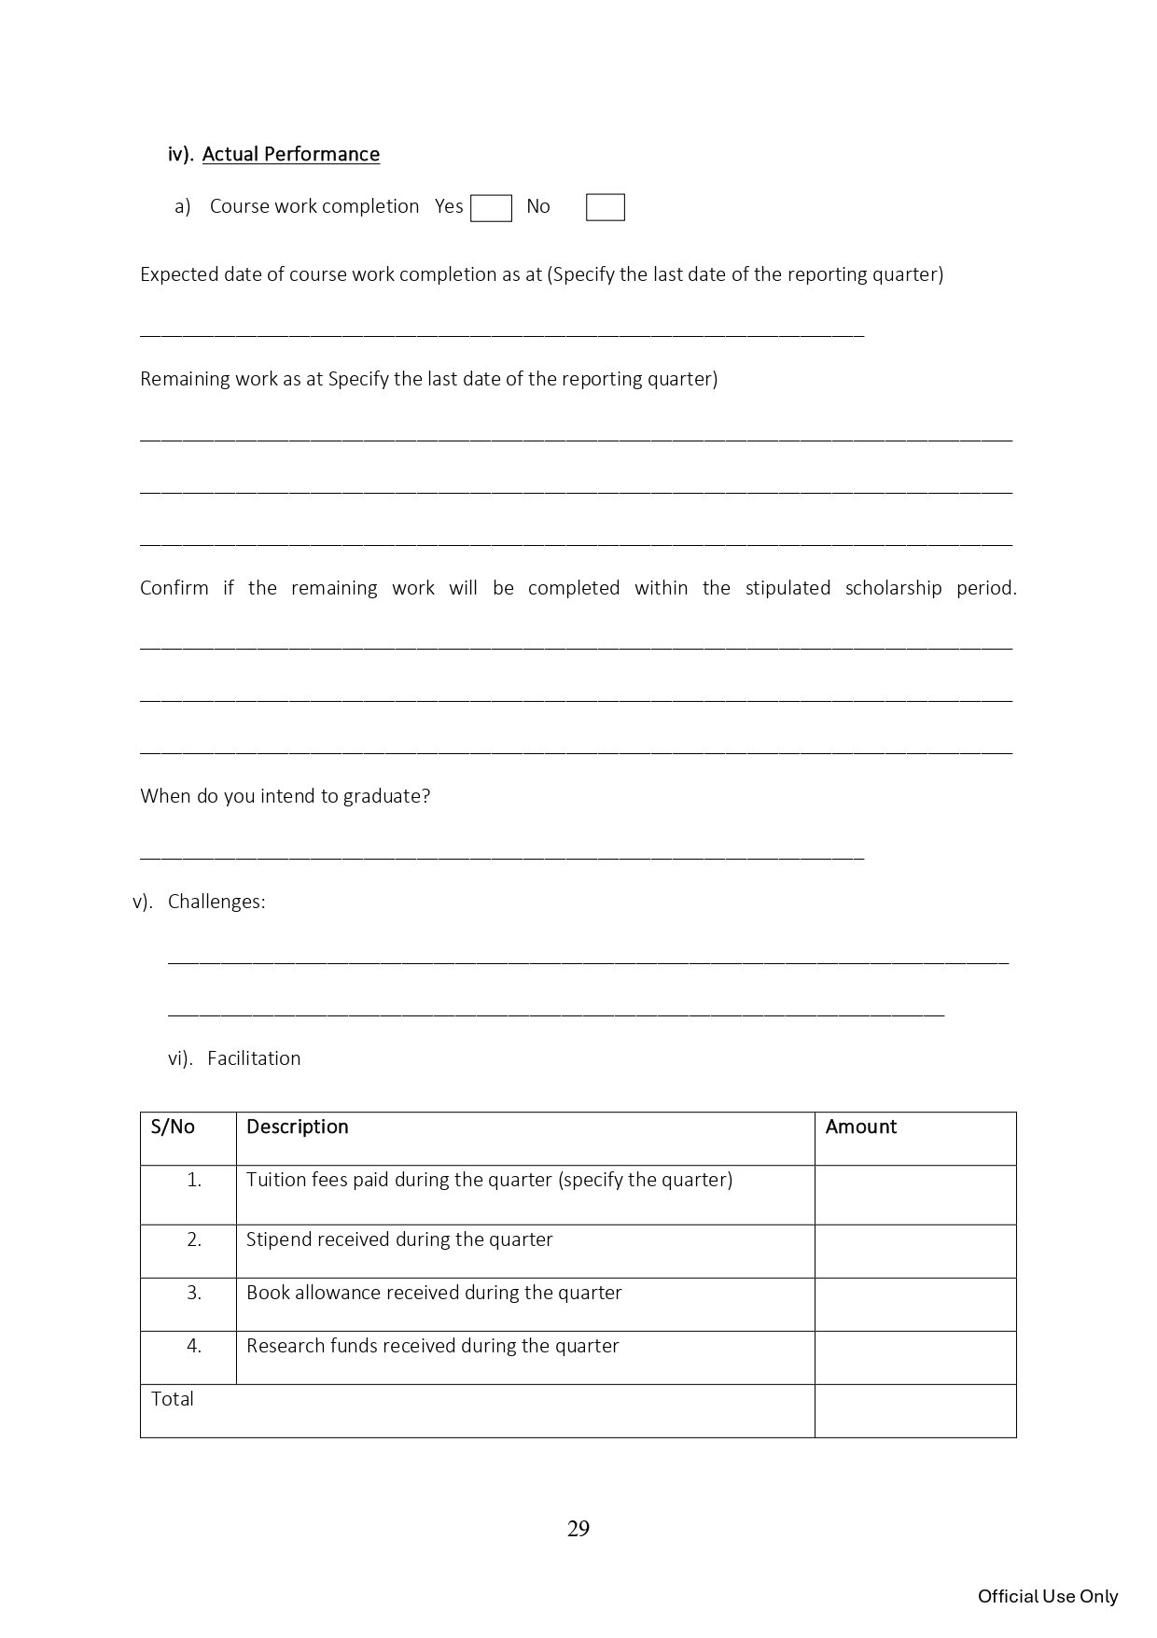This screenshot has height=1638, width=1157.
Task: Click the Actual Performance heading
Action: (x=290, y=154)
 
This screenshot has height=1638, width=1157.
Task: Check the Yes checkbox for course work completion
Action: (x=491, y=208)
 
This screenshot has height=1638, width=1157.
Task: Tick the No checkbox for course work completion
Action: (x=605, y=208)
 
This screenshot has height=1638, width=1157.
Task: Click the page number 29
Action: (x=578, y=1529)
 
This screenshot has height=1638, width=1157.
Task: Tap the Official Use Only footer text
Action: (x=1047, y=1596)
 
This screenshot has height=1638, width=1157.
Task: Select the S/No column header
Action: (x=173, y=1127)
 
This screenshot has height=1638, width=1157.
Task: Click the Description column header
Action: (x=297, y=1127)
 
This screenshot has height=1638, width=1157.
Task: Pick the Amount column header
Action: (x=860, y=1127)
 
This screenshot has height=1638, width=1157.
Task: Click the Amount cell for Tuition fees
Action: (x=914, y=1195)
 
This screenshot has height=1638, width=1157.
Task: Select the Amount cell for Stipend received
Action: (x=914, y=1252)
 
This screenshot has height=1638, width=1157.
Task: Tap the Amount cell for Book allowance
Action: (x=914, y=1305)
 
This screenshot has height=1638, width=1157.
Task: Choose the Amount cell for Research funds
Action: (x=914, y=1358)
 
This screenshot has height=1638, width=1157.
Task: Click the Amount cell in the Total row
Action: (x=914, y=1410)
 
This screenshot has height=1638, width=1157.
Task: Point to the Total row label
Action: (x=173, y=1399)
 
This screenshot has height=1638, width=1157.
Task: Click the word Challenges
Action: (x=216, y=902)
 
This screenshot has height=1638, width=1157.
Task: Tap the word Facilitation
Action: (x=254, y=1058)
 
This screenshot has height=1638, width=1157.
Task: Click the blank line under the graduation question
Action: (x=502, y=854)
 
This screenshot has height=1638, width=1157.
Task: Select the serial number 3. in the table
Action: (x=194, y=1293)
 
